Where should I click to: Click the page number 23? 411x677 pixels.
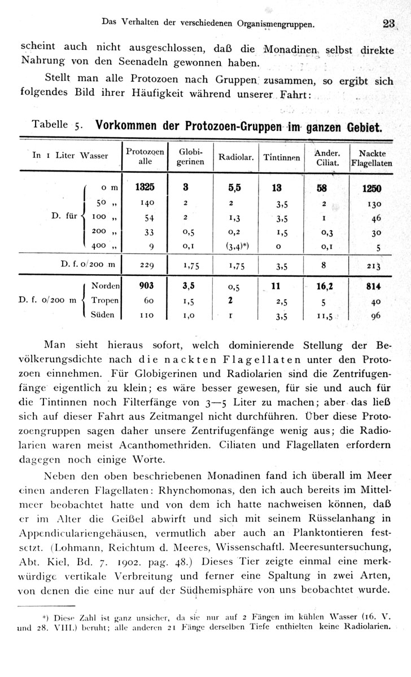tap(388, 24)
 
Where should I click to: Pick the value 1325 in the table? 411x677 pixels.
tap(145, 187)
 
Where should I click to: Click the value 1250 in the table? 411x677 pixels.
tap(373, 188)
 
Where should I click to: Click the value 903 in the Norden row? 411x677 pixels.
tap(145, 285)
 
